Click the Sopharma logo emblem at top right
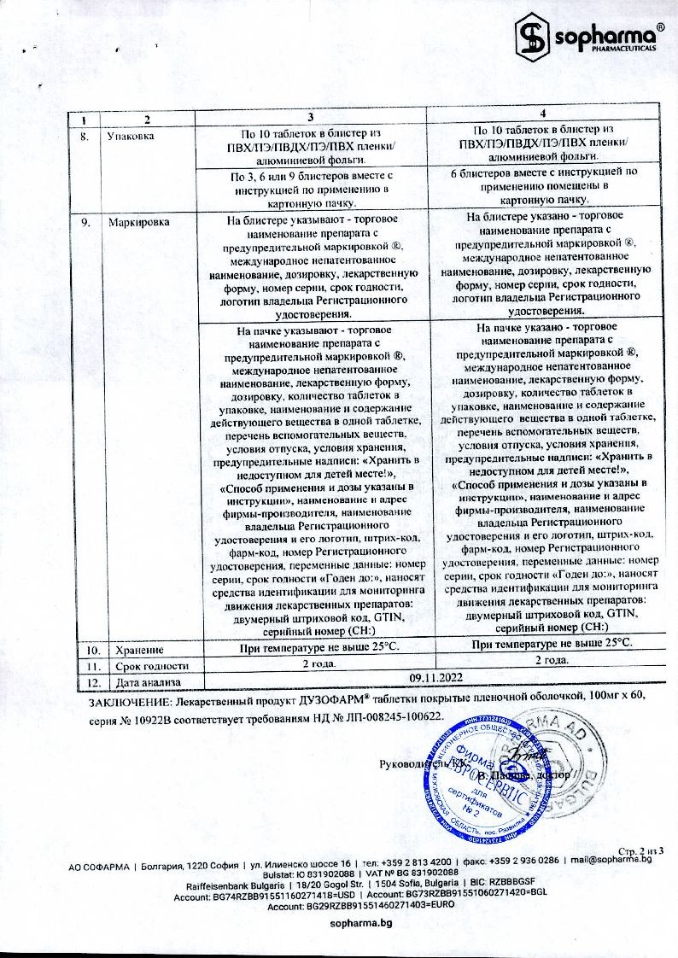point(534,36)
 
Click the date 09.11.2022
point(435,677)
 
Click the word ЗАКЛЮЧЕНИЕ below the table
point(128,696)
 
